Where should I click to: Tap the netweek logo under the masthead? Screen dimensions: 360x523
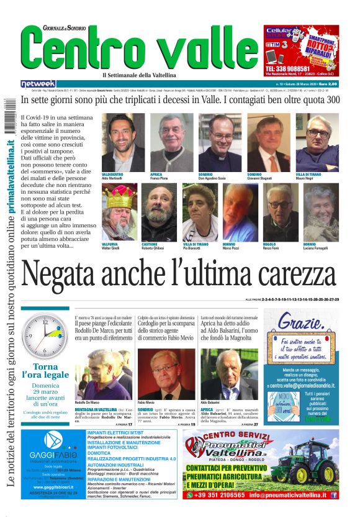pyautogui.click(x=38, y=83)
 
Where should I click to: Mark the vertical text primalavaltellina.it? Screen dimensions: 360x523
pyautogui.click(x=11, y=187)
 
